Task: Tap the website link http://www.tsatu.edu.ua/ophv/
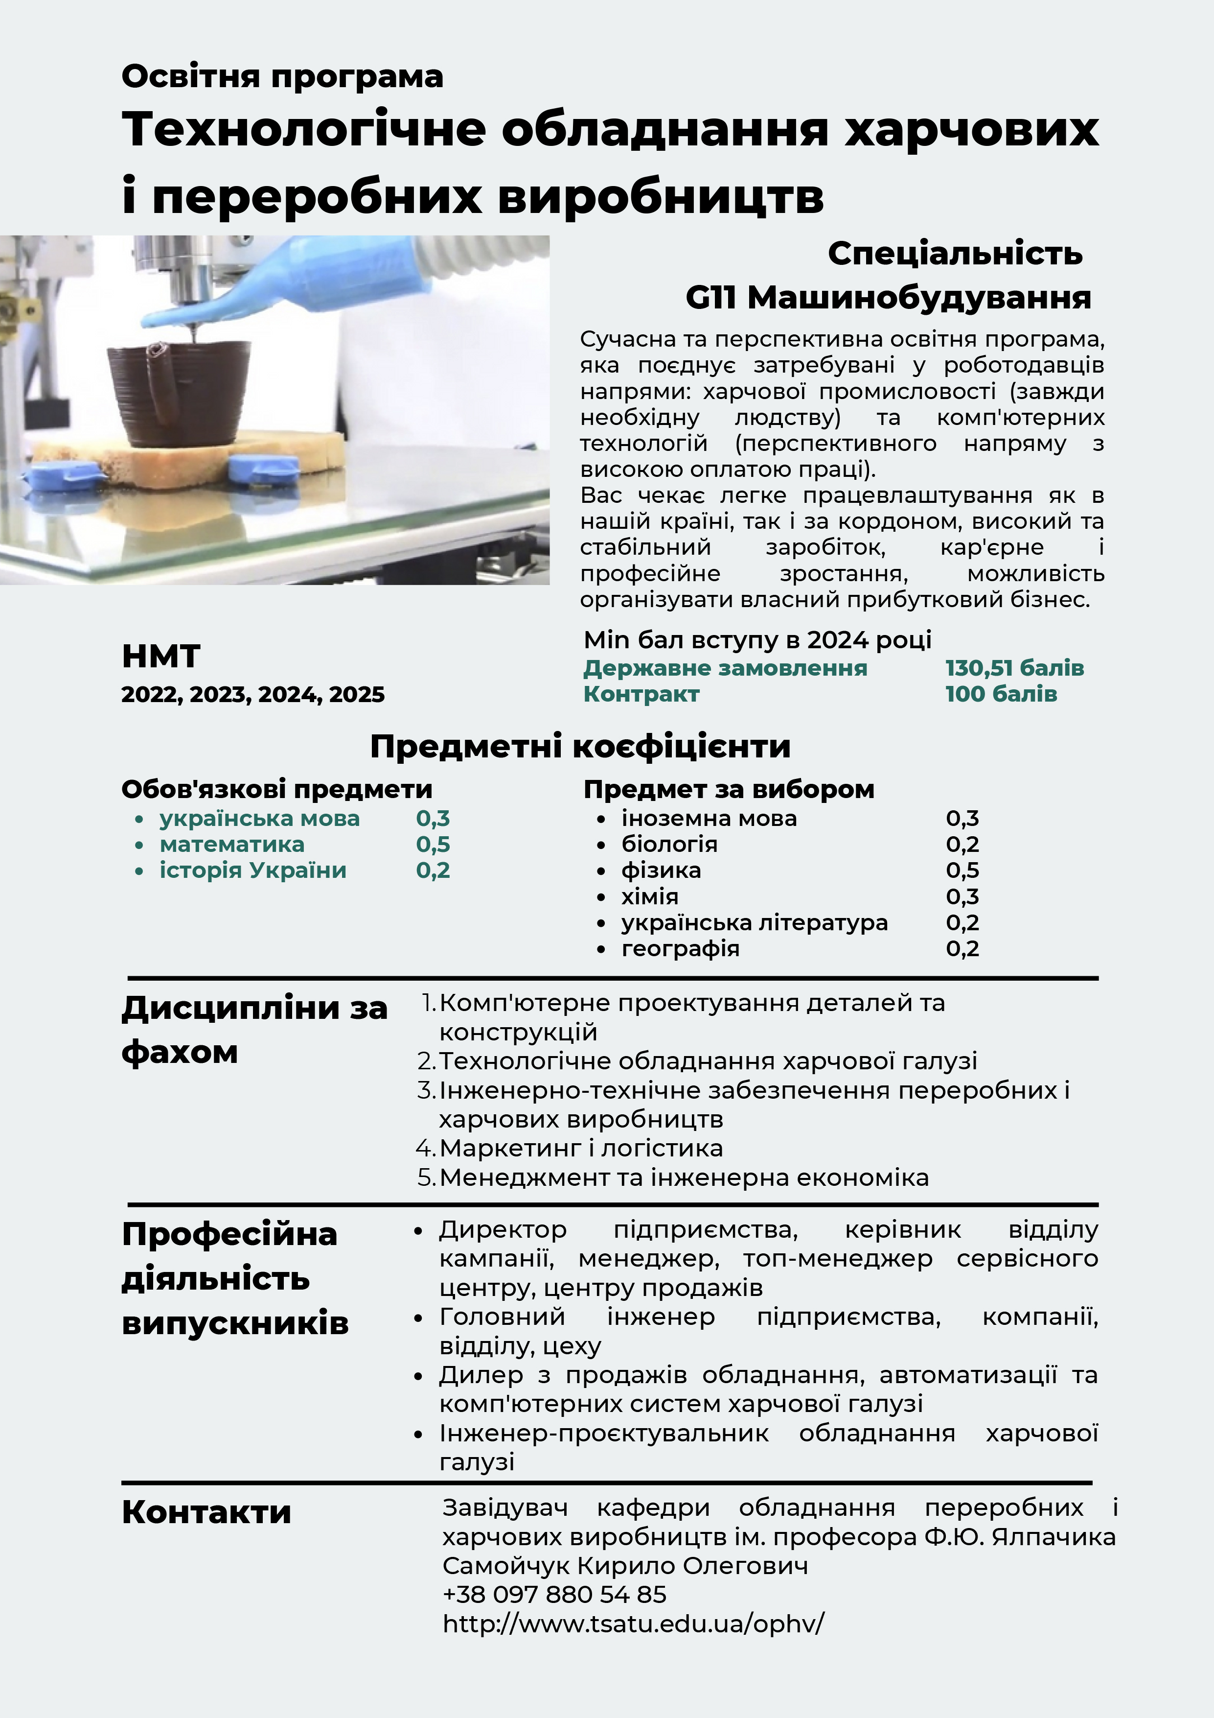pyautogui.click(x=633, y=1623)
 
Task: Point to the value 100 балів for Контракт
pyautogui.click(x=1001, y=694)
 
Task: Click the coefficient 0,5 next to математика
pyautogui.click(x=433, y=844)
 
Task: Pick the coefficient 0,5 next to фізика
pyautogui.click(x=962, y=870)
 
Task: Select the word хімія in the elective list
pyautogui.click(x=649, y=896)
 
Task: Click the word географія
pyautogui.click(x=680, y=949)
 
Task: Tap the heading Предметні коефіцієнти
pyautogui.click(x=580, y=746)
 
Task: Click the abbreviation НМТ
pyautogui.click(x=161, y=656)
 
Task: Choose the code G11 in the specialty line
pyautogui.click(x=710, y=298)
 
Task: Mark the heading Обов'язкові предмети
pyautogui.click(x=277, y=789)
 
